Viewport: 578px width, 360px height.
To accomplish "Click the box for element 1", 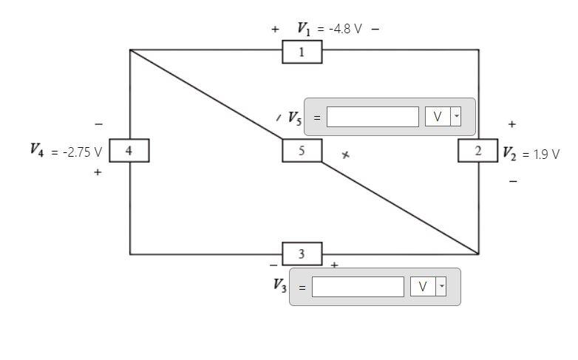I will click(x=302, y=52).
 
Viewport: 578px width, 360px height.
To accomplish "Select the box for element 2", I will click(x=477, y=151).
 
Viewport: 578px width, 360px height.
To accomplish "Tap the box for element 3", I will click(x=302, y=254).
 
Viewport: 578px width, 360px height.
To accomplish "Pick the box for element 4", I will click(x=129, y=151).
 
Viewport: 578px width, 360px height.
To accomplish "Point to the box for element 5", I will click(x=302, y=151).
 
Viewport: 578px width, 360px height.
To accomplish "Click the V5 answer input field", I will click(x=373, y=117).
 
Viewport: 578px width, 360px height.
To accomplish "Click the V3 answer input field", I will click(x=358, y=287).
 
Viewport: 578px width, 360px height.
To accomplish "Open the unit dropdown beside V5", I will click(x=443, y=117).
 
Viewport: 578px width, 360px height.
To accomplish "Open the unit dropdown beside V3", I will click(x=428, y=287).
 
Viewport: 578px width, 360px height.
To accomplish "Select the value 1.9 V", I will click(x=546, y=154).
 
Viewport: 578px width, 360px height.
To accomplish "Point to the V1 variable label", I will click(x=304, y=29).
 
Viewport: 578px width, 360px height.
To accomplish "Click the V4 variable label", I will click(x=35, y=150).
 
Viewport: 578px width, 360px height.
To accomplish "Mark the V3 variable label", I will click(x=279, y=286).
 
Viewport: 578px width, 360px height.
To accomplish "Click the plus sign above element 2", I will click(x=511, y=125).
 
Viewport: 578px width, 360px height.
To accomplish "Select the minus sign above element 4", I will click(x=98, y=124).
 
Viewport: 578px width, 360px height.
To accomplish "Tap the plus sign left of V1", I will click(x=275, y=30).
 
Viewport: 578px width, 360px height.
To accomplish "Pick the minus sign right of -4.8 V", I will click(x=375, y=30).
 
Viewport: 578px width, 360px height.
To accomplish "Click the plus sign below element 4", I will click(x=98, y=172).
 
